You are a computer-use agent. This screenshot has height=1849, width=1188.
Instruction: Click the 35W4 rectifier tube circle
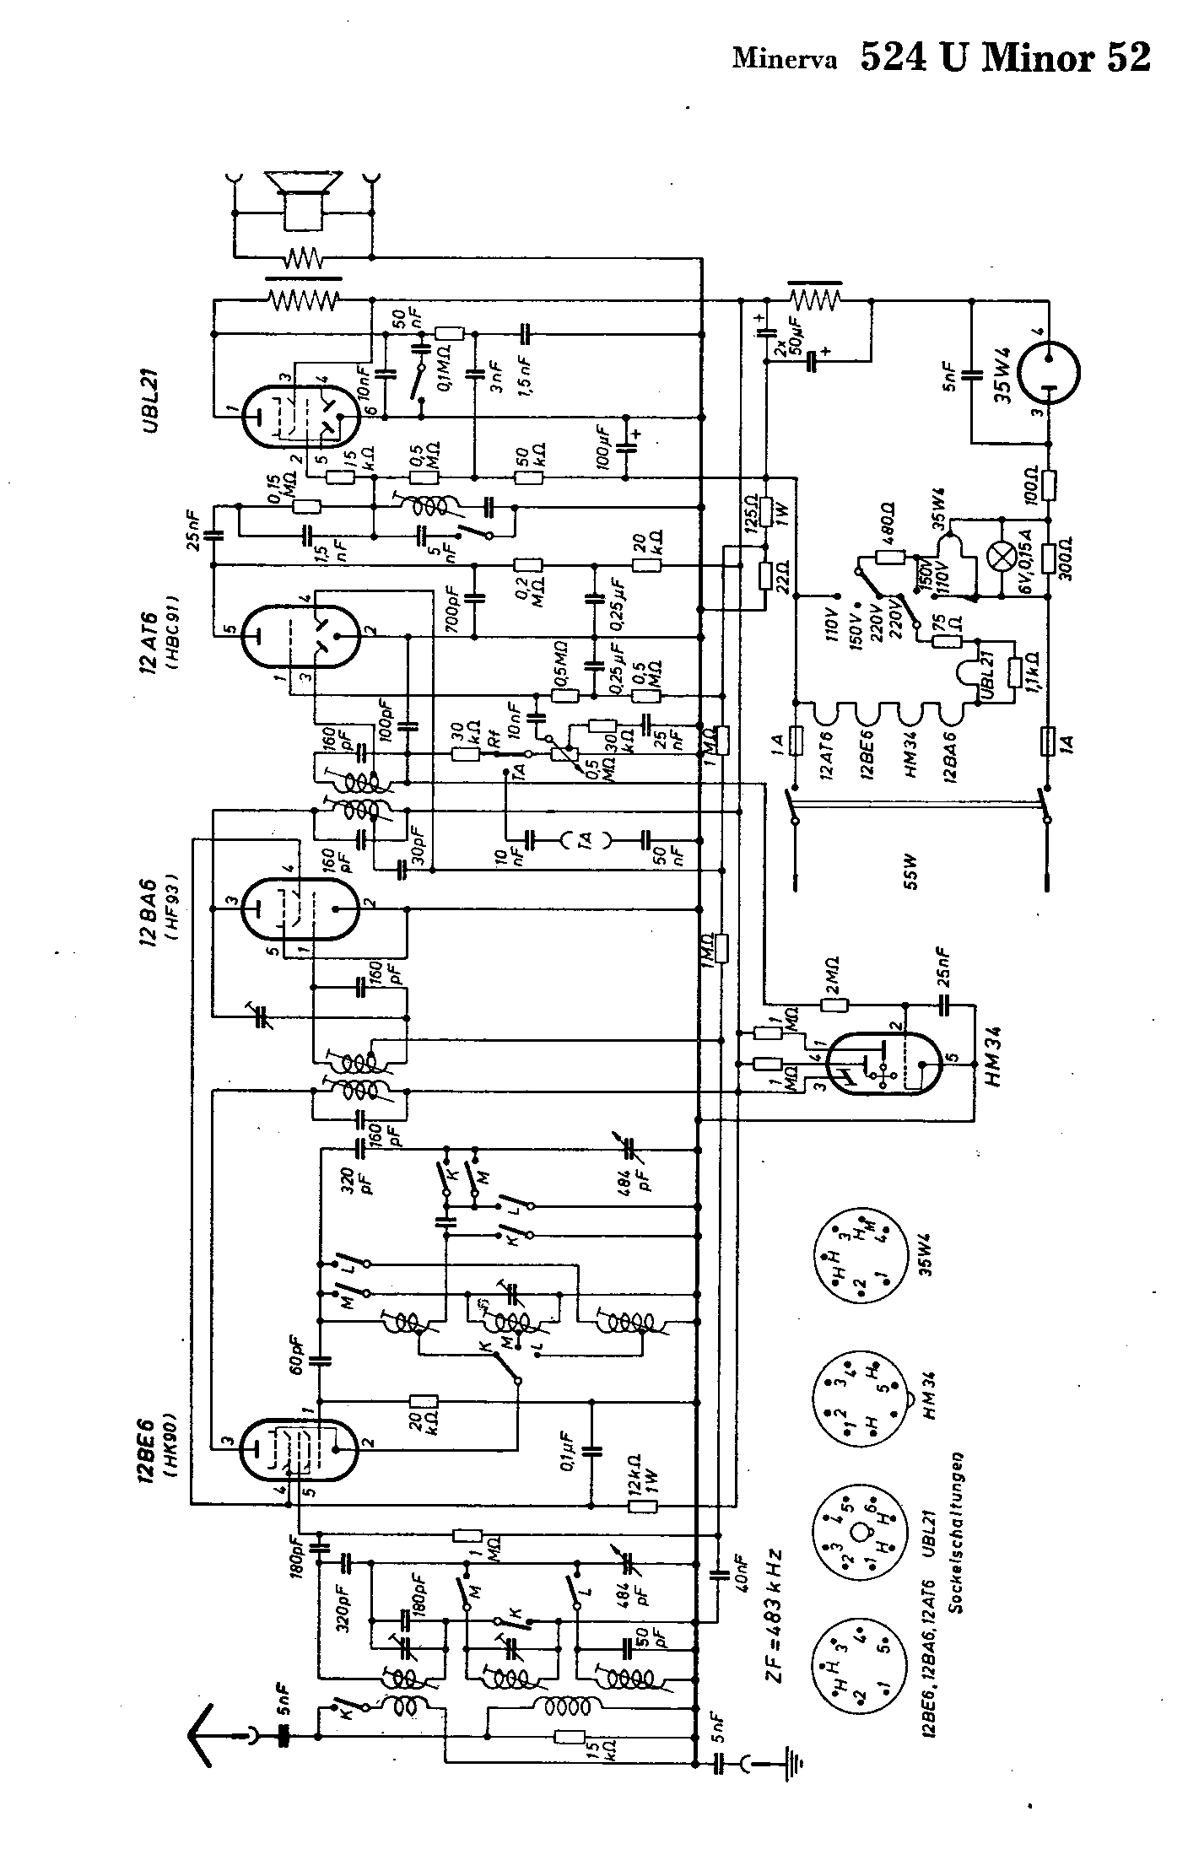pyautogui.click(x=1049, y=371)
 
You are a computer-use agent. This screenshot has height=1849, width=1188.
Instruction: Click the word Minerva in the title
pyautogui.click(x=785, y=60)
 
